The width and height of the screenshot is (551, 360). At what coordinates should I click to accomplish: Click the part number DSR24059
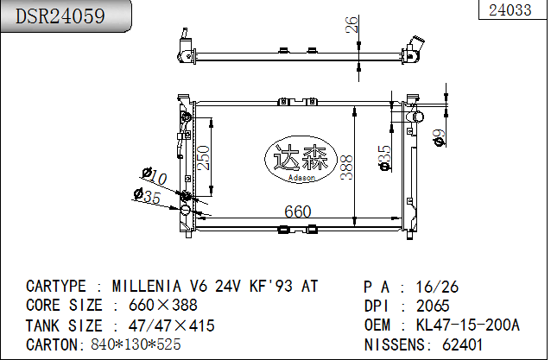60,16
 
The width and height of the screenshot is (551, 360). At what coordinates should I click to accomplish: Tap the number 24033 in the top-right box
510,9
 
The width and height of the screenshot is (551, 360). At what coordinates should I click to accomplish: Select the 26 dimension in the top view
351,24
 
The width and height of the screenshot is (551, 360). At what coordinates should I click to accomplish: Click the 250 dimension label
203,158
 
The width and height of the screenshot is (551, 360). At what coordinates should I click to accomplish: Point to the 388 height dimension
346,167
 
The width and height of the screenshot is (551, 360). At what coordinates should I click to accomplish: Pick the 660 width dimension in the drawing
298,212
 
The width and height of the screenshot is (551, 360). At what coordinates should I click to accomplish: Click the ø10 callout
155,176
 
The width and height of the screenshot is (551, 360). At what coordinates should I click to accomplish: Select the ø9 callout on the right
440,137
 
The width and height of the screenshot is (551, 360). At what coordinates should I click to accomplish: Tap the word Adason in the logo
301,178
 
